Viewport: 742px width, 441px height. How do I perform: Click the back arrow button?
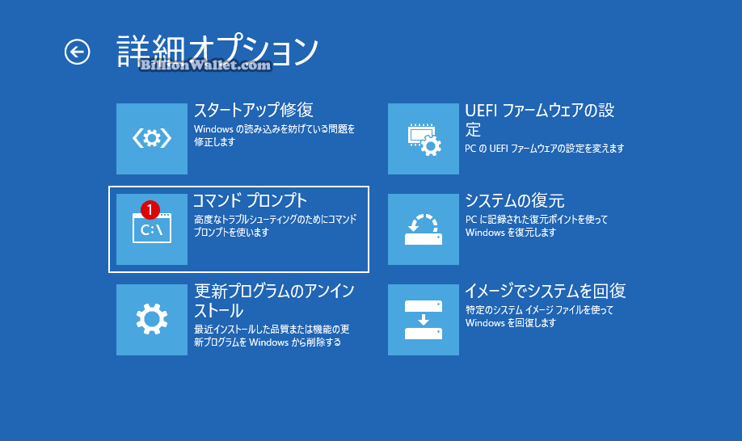coord(77,52)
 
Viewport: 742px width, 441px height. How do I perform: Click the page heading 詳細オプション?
coord(217,50)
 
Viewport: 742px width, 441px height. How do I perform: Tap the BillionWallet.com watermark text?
coord(205,65)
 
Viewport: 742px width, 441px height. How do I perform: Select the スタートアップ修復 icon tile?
coord(152,139)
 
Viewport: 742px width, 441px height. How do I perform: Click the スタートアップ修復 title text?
coord(254,110)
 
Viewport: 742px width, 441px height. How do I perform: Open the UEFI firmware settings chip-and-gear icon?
coord(424,139)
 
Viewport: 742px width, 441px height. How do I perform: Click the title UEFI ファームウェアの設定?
coord(539,120)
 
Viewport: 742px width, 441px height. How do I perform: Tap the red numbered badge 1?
coord(150,209)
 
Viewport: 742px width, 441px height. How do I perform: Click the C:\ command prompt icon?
coord(152,228)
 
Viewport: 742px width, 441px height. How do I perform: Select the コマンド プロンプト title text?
coord(251,200)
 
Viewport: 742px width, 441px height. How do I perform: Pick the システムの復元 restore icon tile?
coord(424,229)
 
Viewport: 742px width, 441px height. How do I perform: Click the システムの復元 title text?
coord(515,201)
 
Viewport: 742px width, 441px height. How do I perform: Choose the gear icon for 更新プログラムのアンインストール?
coord(152,320)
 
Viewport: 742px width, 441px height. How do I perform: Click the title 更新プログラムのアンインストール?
coord(275,300)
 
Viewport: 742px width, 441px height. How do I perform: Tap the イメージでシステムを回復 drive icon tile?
coord(424,320)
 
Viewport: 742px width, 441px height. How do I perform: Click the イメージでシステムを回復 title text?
coord(546,291)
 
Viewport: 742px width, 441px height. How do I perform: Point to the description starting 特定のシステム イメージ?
coord(539,317)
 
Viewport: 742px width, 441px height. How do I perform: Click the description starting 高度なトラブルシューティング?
coord(276,226)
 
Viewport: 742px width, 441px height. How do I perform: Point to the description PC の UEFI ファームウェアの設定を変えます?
coord(545,149)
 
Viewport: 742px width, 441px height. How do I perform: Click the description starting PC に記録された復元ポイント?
coord(537,226)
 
